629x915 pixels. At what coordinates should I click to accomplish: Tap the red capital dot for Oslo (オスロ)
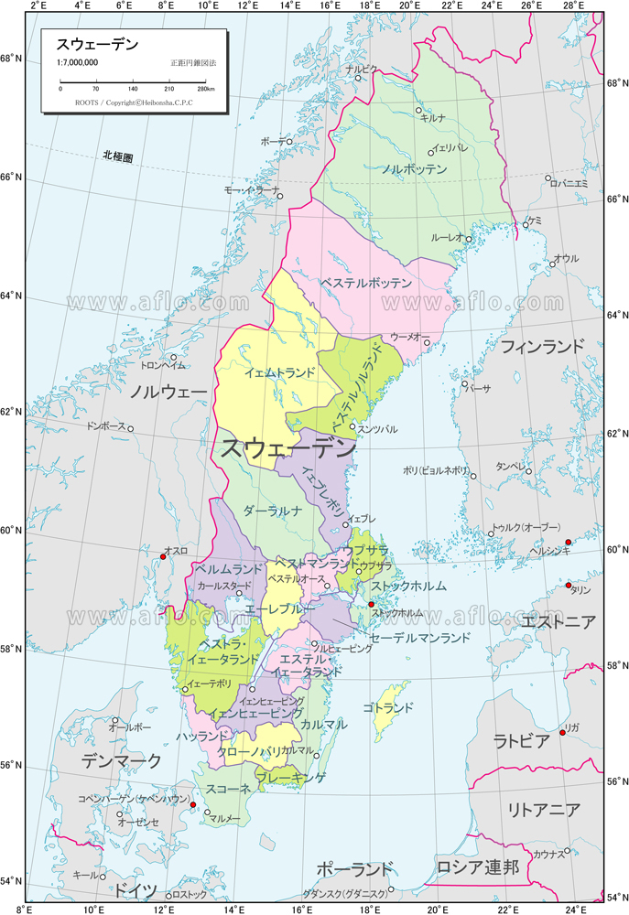[x=163, y=556]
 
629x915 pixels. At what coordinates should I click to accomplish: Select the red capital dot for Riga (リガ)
[x=562, y=732]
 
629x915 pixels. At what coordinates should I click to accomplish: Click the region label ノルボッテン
[x=414, y=169]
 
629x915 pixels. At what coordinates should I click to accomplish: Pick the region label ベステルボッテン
[x=366, y=284]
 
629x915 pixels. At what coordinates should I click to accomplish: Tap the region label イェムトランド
[x=279, y=372]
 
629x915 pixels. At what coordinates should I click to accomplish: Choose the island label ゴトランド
[x=387, y=707]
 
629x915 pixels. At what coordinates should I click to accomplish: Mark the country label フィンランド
[x=541, y=346]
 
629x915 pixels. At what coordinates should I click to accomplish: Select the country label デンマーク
[x=121, y=760]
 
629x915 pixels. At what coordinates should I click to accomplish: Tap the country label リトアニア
[x=544, y=810]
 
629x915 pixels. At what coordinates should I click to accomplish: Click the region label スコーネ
[x=228, y=789]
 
